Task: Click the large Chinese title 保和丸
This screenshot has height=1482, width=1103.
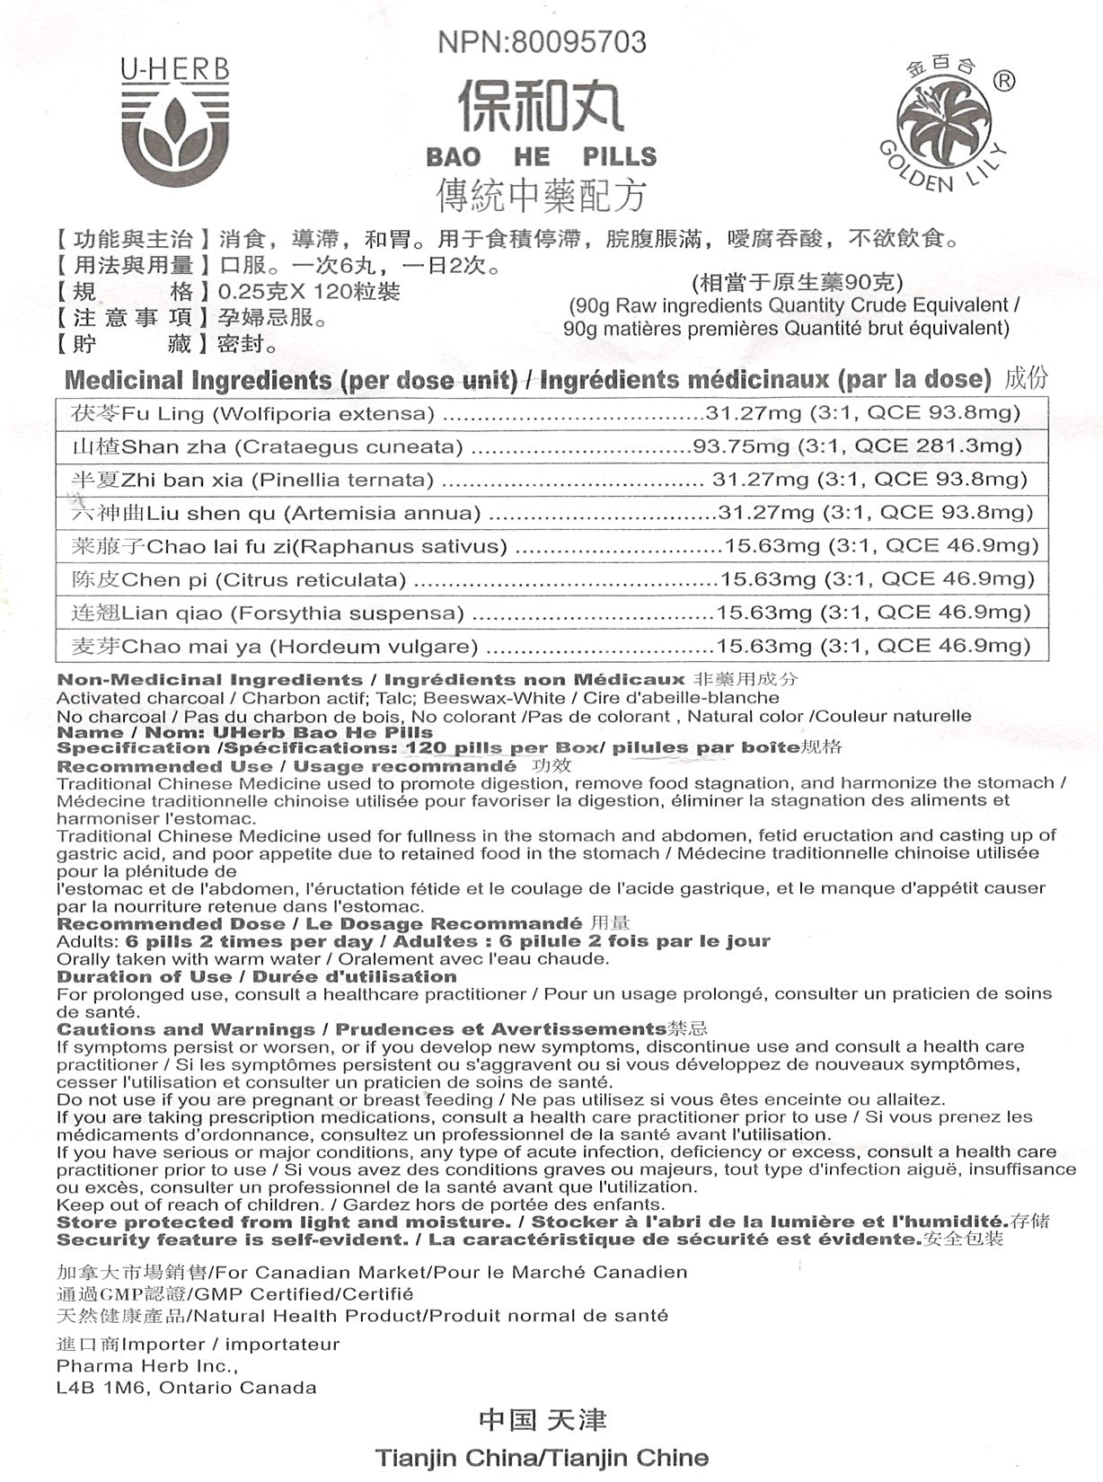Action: click(x=541, y=104)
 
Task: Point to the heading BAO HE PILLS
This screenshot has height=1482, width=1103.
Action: click(x=541, y=157)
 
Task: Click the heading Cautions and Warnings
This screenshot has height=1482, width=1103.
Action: click(x=186, y=1029)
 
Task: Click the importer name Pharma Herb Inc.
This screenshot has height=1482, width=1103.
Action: click(x=146, y=1366)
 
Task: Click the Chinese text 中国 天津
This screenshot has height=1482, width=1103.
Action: click(x=543, y=1420)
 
